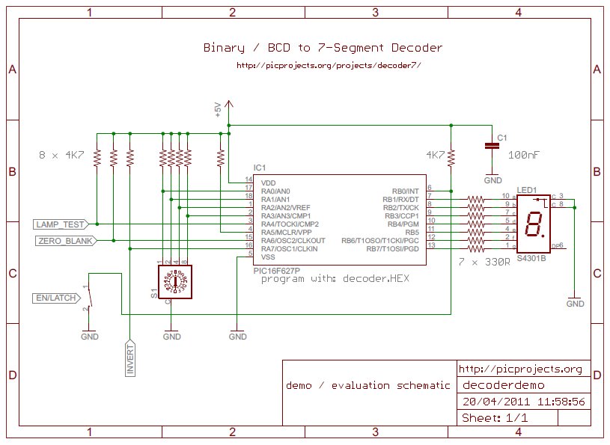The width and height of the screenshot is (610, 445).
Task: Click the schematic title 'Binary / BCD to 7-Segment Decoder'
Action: (x=323, y=48)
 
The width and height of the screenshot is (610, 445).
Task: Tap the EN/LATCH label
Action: (x=55, y=298)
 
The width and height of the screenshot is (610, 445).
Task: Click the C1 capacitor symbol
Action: (x=492, y=147)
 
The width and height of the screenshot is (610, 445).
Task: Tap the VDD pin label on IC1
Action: (x=269, y=182)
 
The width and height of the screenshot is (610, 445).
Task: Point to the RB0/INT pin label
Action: (x=405, y=191)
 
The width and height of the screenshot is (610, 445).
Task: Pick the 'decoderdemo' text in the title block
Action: (x=503, y=385)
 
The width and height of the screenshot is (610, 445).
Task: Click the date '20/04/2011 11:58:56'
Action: (x=523, y=402)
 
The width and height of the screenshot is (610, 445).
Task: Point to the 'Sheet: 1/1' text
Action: (x=495, y=418)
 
